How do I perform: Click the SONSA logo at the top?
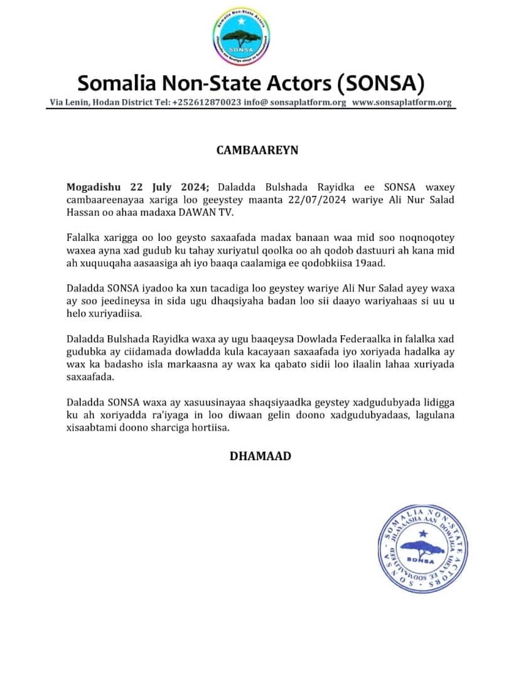[241, 37]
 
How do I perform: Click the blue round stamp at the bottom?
[423, 547]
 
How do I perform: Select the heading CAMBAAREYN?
[257, 151]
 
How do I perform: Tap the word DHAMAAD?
[260, 456]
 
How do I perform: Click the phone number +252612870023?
[207, 103]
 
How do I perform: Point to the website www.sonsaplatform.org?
[402, 103]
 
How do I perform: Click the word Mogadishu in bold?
[95, 188]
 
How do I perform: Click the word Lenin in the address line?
[78, 103]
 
